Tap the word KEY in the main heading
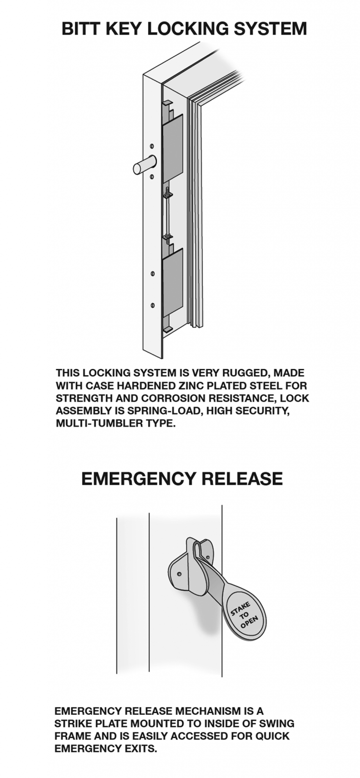127,28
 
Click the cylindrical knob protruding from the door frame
143,165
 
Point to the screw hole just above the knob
152,147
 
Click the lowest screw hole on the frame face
152,305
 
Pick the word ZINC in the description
189,386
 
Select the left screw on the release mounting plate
180,574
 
